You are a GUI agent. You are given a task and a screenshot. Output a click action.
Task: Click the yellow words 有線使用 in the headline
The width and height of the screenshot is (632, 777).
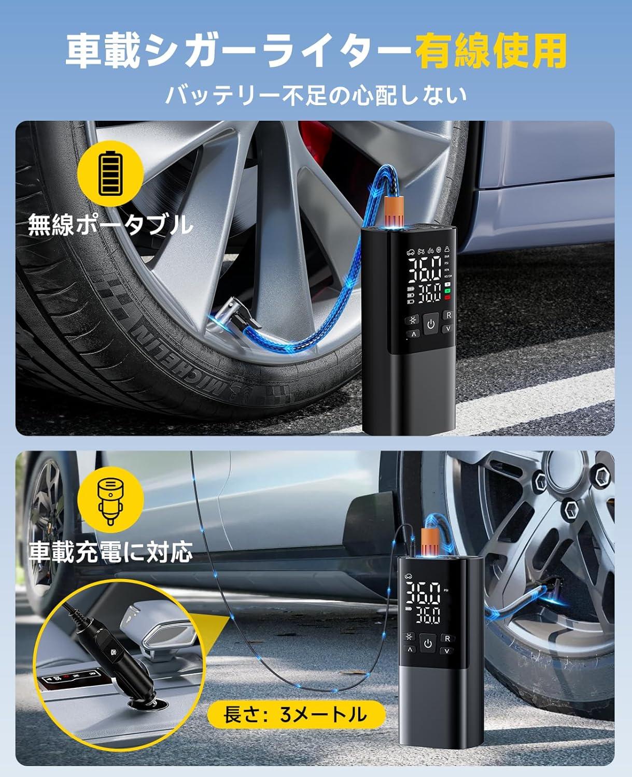click(x=493, y=52)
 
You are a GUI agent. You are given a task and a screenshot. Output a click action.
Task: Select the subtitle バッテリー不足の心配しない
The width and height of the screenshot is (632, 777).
click(x=316, y=95)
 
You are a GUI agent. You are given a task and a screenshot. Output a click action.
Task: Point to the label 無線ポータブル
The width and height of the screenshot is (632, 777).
click(x=110, y=225)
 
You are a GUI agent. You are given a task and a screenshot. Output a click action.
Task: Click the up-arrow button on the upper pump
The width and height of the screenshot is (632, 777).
click(x=413, y=335)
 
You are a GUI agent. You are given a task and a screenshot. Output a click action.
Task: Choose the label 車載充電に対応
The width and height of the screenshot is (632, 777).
click(x=110, y=553)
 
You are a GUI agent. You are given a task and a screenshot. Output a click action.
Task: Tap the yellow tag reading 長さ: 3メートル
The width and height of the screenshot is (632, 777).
click(x=296, y=715)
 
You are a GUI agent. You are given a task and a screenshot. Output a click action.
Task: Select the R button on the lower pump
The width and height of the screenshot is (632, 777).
click(x=447, y=639)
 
